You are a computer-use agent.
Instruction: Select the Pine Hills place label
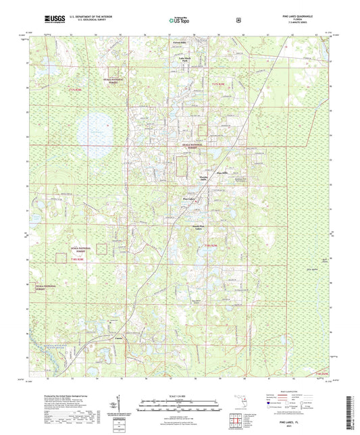pos(224,173)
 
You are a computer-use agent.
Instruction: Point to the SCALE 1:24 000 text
pos(179,395)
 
